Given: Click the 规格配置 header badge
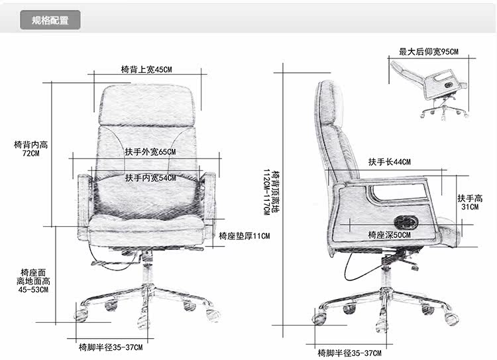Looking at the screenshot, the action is (50, 20).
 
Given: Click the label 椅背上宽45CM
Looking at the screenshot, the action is (146, 70).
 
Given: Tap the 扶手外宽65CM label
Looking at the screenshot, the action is (150, 152).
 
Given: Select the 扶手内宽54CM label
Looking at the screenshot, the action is (150, 178).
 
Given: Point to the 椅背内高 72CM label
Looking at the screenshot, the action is (30, 149).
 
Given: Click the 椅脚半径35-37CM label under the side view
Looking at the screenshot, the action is (349, 352).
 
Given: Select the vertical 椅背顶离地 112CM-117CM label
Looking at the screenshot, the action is (267, 192).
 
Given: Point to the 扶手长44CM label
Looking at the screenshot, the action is (390, 162).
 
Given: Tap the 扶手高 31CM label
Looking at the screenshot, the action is (470, 202).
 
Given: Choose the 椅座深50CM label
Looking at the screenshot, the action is (389, 235).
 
